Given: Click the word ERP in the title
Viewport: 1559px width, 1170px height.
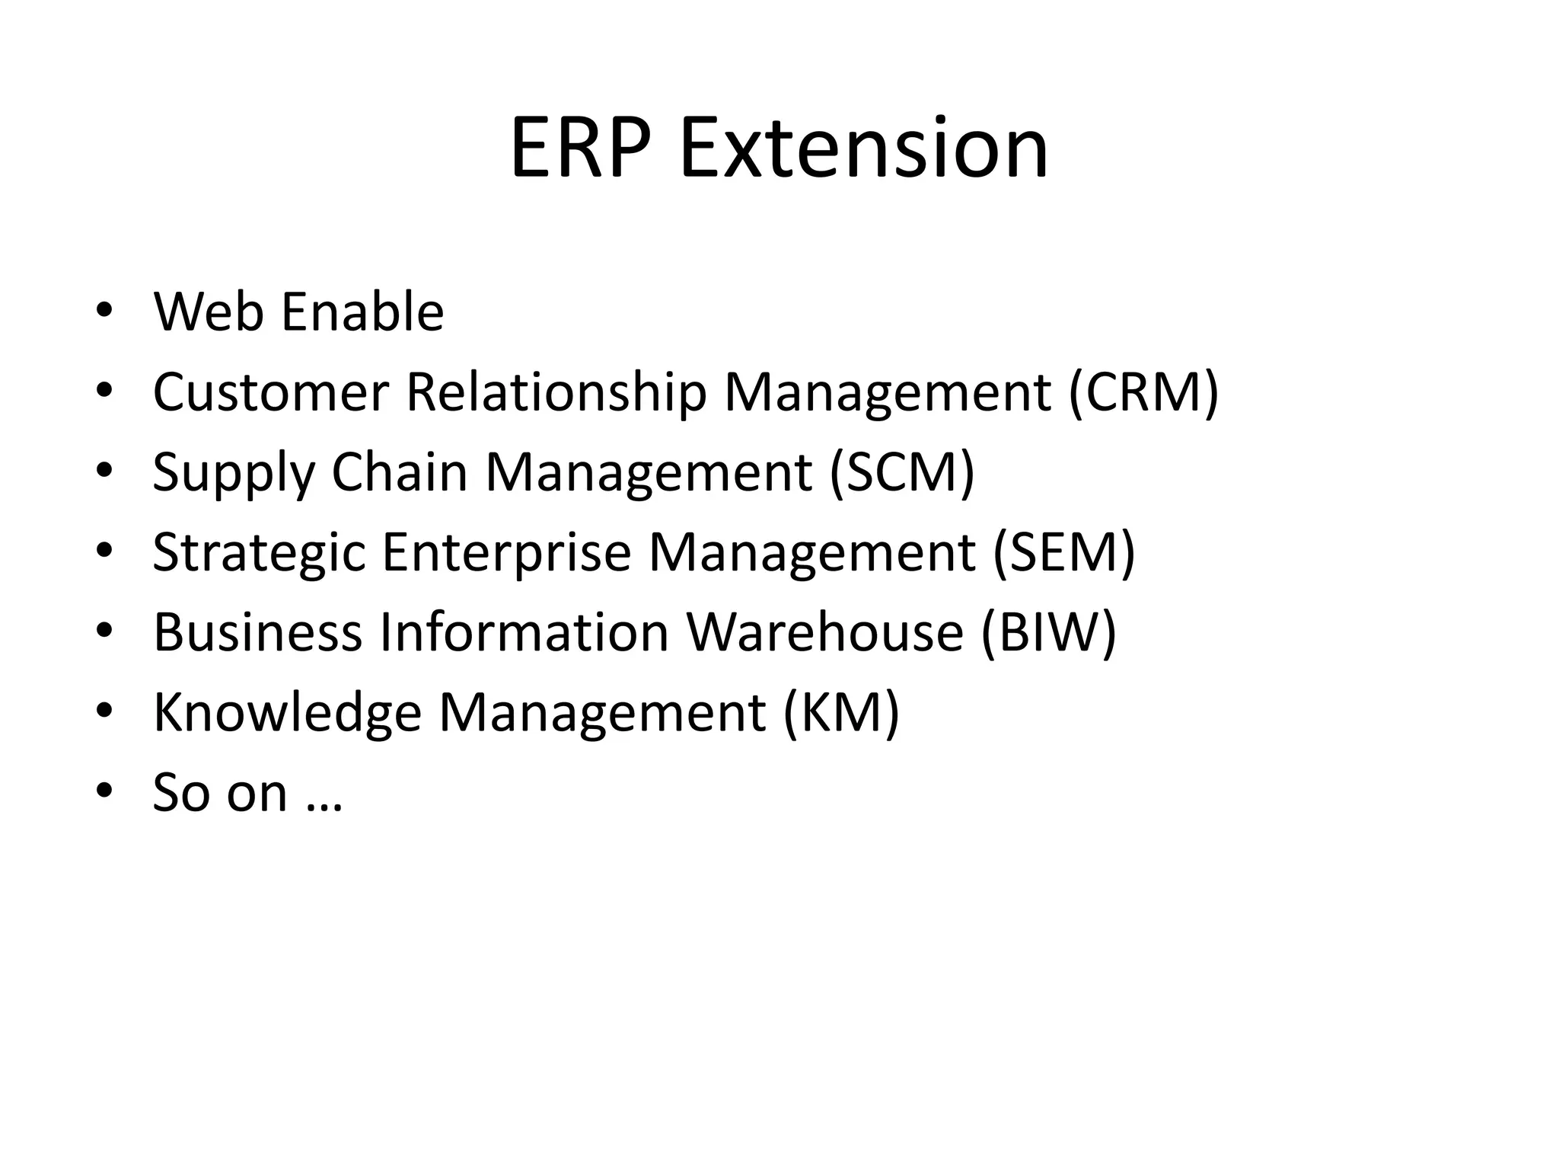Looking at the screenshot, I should (582, 148).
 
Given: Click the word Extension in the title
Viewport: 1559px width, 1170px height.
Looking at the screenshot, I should (864, 148).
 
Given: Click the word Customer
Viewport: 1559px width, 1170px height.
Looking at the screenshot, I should (271, 392).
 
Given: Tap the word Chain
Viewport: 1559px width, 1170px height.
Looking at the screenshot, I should (399, 472).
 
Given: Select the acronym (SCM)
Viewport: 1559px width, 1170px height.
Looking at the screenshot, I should (902, 472).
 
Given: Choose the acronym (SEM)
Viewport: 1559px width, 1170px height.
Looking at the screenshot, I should (1063, 552).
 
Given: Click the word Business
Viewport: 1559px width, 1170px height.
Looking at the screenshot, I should (257, 632).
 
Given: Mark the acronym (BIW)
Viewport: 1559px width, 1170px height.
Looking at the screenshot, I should (1048, 632).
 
